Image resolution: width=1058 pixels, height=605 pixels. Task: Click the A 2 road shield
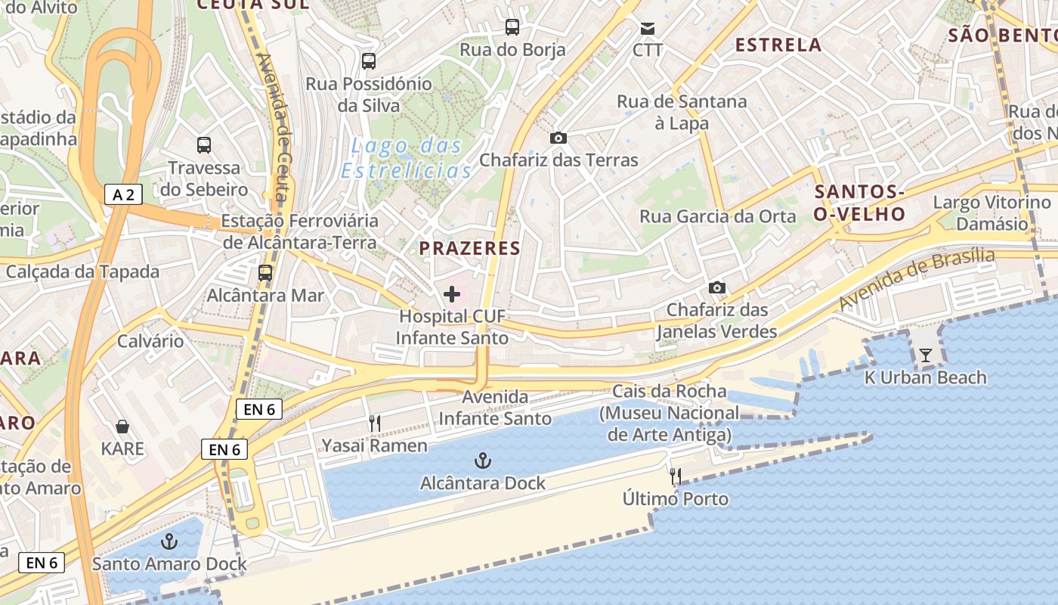[123, 195]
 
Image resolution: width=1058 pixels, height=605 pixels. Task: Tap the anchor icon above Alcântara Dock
[482, 460]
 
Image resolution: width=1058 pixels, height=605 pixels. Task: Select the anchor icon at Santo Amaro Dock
[169, 541]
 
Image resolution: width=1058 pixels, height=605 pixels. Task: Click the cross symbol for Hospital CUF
[452, 294]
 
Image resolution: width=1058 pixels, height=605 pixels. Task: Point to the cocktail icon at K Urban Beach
[926, 355]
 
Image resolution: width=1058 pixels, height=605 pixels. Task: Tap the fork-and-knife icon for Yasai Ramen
[375, 423]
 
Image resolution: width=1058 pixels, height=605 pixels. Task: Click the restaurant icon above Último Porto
[676, 476]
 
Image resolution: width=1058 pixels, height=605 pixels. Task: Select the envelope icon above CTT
[648, 28]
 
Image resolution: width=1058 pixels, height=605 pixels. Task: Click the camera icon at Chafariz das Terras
[558, 138]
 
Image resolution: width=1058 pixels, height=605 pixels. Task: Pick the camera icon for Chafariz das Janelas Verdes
[717, 287]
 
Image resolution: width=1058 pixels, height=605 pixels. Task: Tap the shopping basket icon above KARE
[122, 427]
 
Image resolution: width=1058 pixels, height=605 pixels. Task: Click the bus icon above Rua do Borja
[512, 27]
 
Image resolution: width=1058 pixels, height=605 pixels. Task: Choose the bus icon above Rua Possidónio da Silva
[369, 61]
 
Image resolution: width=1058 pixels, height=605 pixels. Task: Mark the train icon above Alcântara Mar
[265, 273]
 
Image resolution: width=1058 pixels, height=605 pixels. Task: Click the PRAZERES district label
[470, 248]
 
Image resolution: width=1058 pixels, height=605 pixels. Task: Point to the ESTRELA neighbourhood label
[778, 45]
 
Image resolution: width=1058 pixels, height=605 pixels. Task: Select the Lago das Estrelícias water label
[407, 158]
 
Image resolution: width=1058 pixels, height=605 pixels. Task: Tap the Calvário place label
[150, 341]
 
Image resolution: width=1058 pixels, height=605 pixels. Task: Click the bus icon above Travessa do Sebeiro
[204, 144]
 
